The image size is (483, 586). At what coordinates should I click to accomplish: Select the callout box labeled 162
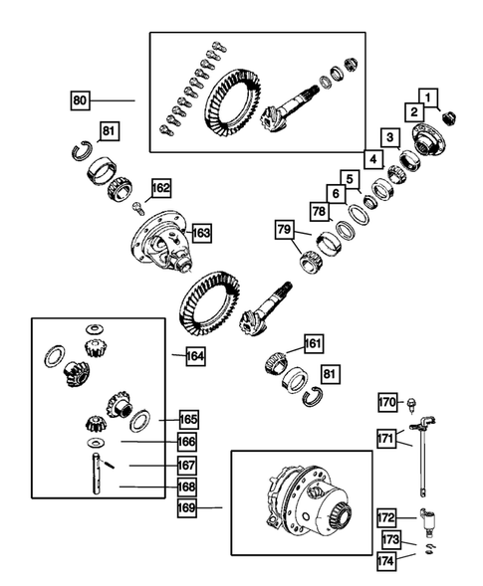pos(160,187)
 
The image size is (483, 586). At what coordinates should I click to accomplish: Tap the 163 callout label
pos(201,233)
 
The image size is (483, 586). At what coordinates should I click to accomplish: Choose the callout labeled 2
pos(410,112)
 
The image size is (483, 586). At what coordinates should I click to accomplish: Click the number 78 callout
pos(320,211)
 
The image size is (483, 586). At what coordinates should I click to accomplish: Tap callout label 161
pos(314,344)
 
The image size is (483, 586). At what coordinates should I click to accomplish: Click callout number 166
pos(186,441)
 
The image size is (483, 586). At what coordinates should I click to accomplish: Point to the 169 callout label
pos(186,507)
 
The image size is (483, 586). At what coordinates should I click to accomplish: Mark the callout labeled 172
pos(387,517)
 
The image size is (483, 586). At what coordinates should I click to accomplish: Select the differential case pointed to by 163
pos(163,245)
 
